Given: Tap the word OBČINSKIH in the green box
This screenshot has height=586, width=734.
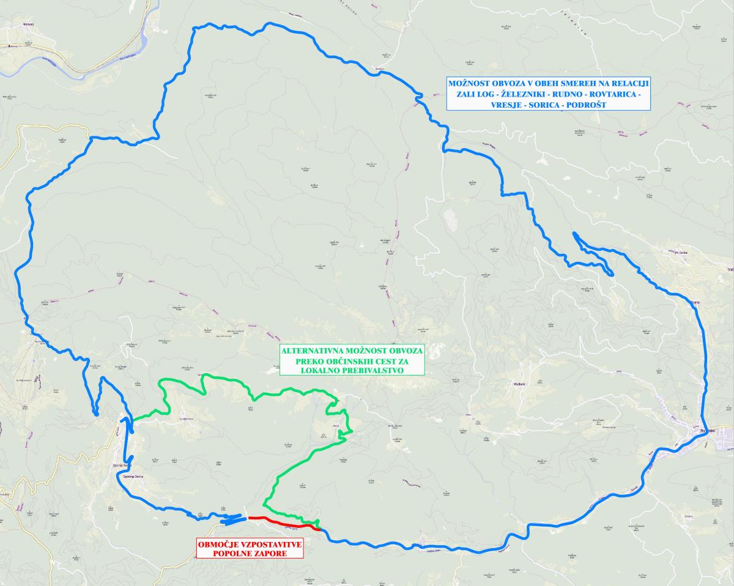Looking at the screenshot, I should [x=346, y=361].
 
